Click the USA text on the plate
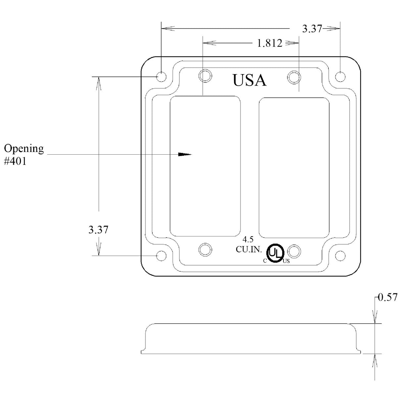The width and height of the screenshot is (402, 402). [249, 80]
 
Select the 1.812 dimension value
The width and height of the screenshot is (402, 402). [270, 43]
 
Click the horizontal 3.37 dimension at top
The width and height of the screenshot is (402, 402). [312, 29]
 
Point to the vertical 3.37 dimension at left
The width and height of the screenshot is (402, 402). [98, 229]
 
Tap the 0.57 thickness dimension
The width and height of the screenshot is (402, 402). [387, 297]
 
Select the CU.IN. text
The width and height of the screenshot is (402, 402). [248, 249]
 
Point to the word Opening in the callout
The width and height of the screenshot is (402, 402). [24, 149]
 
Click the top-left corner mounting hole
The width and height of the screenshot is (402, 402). [161, 77]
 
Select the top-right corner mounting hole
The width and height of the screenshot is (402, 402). [340, 77]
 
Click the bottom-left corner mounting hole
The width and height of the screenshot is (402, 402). [161, 256]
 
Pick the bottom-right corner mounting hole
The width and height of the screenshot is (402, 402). [340, 256]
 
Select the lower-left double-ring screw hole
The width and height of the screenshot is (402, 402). [205, 249]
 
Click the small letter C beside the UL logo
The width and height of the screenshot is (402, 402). [265, 261]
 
